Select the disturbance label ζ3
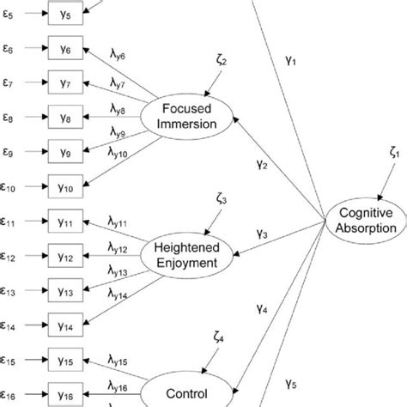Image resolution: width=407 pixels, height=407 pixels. (x=221, y=200)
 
